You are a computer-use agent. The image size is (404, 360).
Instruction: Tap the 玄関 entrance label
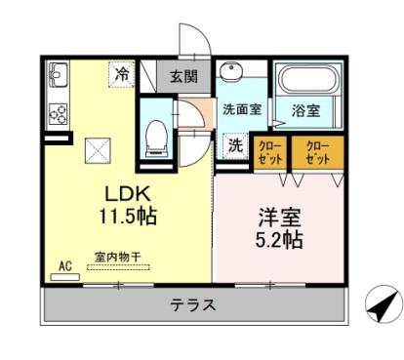[x=182, y=76]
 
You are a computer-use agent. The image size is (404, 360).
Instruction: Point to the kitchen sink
[x=56, y=75]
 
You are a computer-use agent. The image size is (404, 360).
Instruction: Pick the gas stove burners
[x=57, y=114]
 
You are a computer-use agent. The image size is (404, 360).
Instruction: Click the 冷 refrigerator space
[x=123, y=73]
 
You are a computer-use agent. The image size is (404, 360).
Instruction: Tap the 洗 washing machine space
[x=236, y=145]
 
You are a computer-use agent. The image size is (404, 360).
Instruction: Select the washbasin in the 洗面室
[x=232, y=76]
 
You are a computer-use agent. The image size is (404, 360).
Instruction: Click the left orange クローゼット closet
[x=270, y=151]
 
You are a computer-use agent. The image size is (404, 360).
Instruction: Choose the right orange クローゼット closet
[x=317, y=151]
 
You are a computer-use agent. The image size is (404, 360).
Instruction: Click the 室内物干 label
[x=118, y=258]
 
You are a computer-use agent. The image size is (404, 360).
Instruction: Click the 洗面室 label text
[x=241, y=110]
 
